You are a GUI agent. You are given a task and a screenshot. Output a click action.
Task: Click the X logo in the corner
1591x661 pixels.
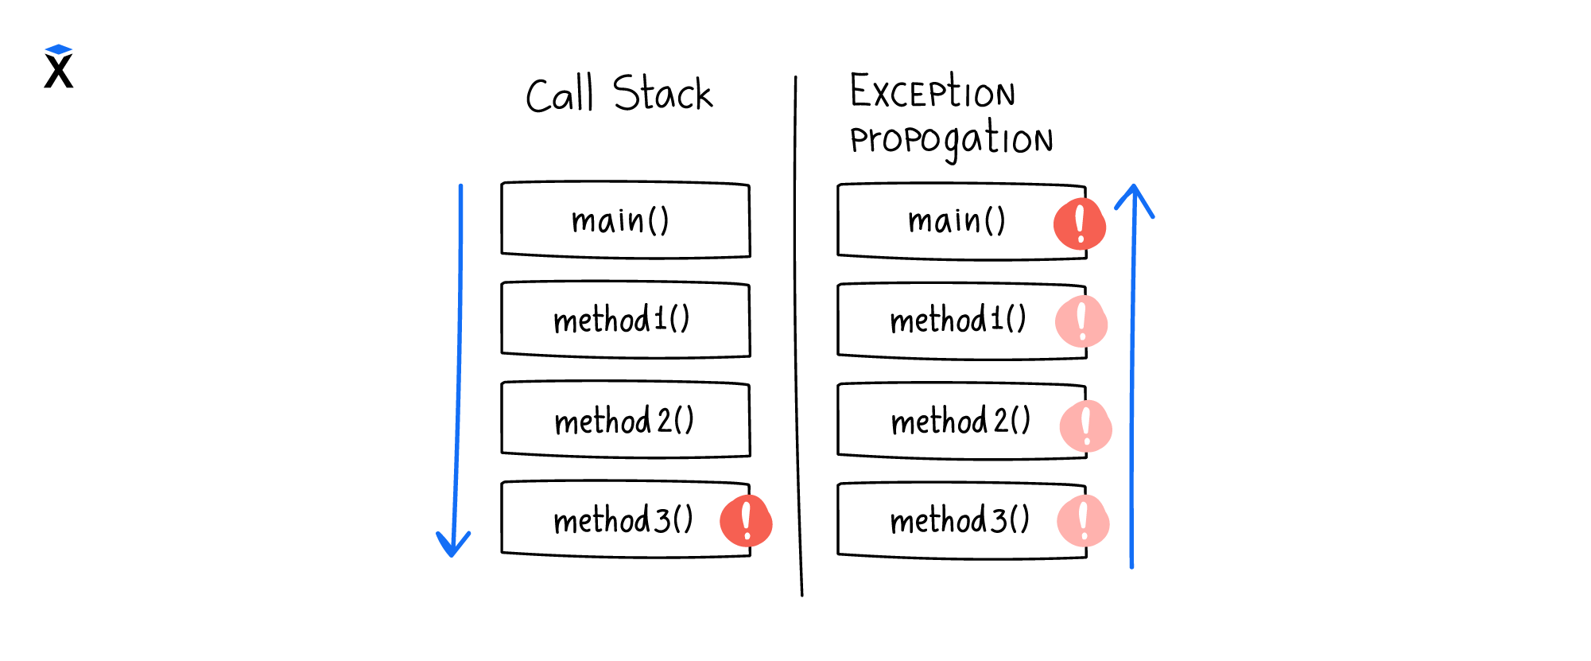coord(59,67)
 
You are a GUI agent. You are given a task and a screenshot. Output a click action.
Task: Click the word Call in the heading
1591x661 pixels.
coord(560,95)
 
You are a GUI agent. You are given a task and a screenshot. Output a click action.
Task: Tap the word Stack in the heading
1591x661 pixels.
coord(662,93)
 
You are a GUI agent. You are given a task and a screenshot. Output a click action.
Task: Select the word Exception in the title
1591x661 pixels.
coord(933,91)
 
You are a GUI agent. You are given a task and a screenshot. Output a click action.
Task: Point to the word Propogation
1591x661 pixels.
coord(952,139)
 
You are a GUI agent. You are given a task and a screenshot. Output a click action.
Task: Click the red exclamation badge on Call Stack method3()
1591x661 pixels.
coord(746,521)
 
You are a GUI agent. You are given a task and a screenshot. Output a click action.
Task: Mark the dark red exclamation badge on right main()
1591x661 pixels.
coord(1080,224)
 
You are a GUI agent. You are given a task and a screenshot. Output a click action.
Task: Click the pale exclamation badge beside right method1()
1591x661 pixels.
coord(1081,321)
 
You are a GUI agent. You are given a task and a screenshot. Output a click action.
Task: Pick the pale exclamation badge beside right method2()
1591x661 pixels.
coord(1086,426)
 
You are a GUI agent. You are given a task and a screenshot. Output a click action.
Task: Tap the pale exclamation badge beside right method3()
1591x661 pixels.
coord(1083,521)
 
